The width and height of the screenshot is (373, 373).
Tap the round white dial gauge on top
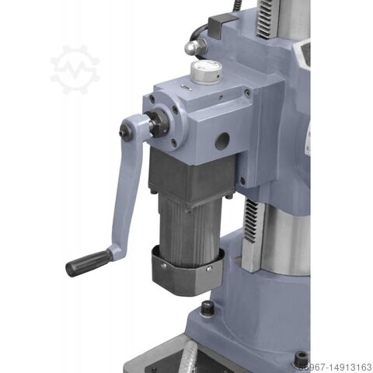(206, 72)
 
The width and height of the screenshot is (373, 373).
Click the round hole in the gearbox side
(222, 141)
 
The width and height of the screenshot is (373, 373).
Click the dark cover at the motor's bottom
(187, 272)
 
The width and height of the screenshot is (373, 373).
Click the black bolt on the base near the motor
(207, 309)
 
